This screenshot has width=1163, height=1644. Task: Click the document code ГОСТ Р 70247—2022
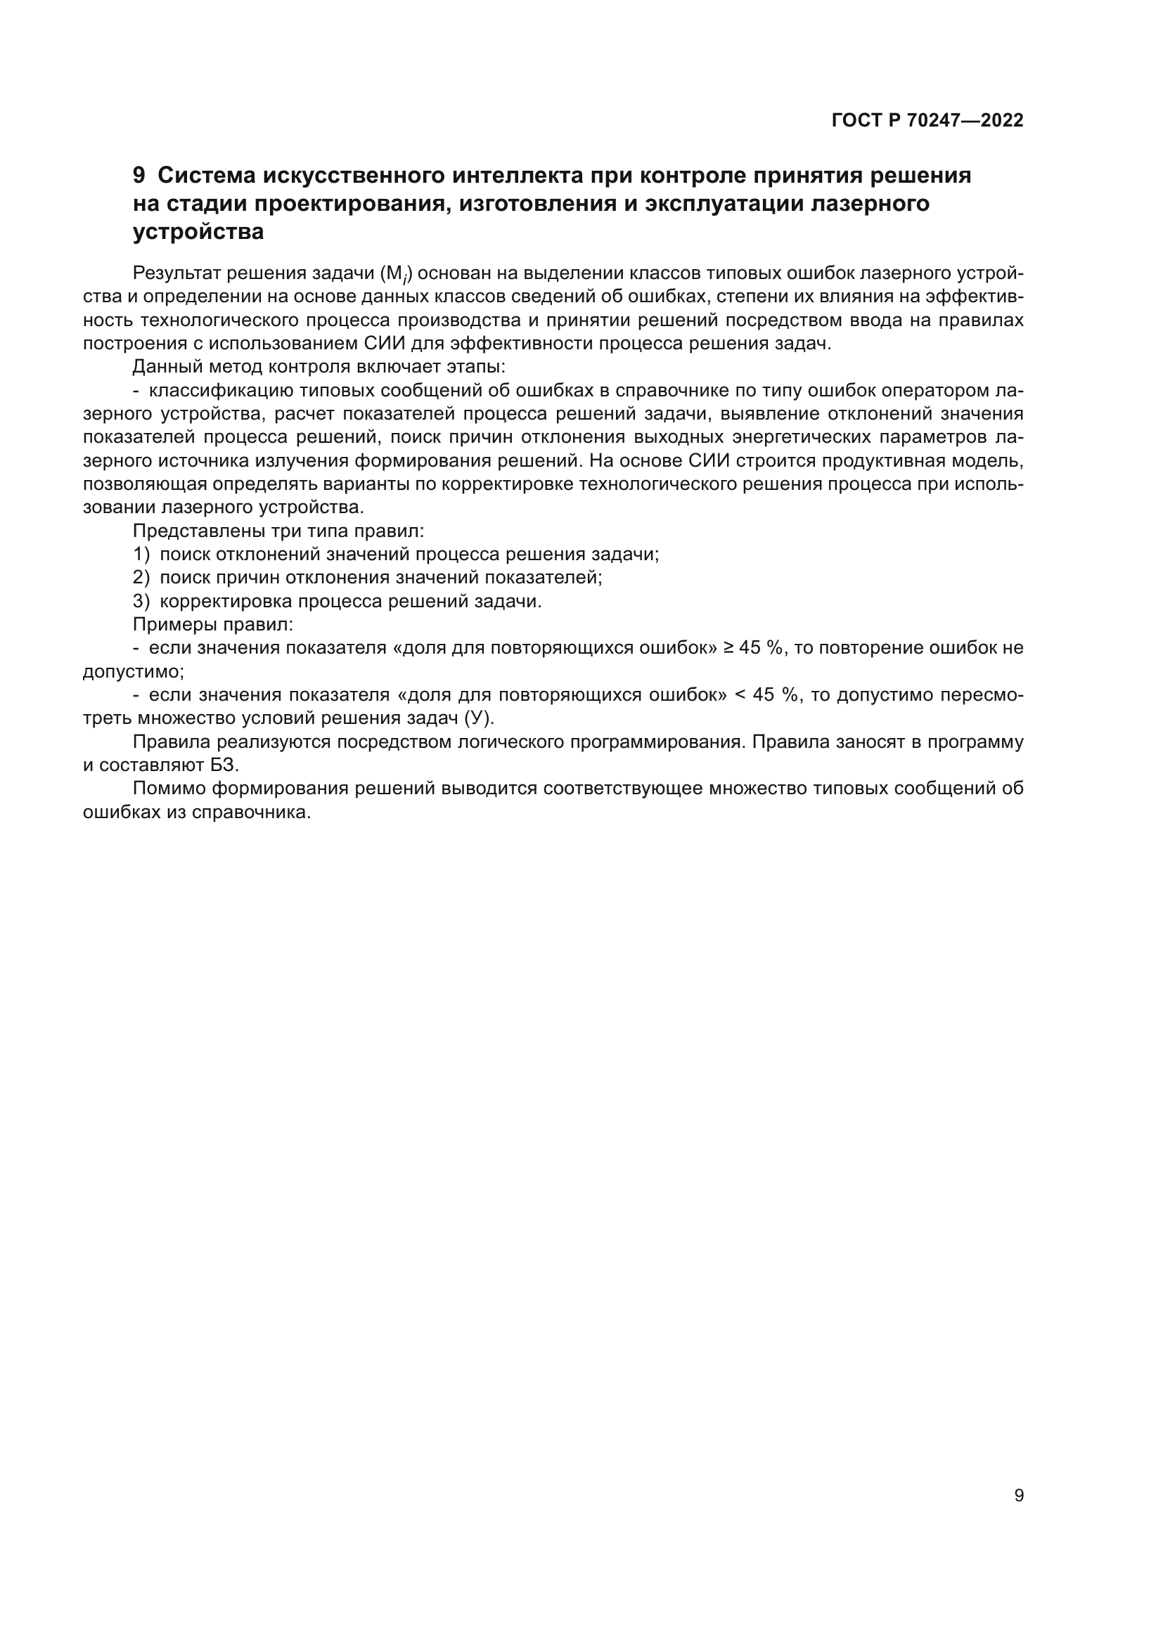tap(927, 120)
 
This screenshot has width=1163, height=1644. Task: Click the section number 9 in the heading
tap(139, 176)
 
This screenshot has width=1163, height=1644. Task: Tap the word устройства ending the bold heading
tap(198, 232)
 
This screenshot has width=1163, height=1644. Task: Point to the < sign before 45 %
tap(740, 695)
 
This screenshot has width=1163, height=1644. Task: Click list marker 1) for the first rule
tap(141, 554)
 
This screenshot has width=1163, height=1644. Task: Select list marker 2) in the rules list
tap(141, 578)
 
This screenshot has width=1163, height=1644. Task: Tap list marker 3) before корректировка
tap(141, 602)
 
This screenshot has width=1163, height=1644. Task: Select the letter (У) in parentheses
tap(479, 718)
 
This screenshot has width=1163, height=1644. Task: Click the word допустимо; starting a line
tap(134, 673)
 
